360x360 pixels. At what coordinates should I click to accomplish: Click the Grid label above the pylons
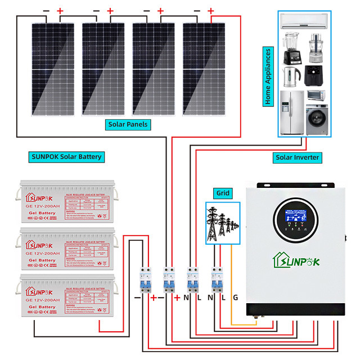(x=222, y=193)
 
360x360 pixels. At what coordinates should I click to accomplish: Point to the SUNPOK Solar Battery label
(x=66, y=156)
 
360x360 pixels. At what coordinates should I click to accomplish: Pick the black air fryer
(x=314, y=74)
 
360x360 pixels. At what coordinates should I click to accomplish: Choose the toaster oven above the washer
(x=317, y=96)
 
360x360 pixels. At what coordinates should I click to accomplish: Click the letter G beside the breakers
(x=235, y=297)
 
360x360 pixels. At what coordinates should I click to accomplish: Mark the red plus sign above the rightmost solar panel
(x=210, y=11)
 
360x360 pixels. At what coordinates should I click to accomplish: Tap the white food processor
(x=316, y=48)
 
